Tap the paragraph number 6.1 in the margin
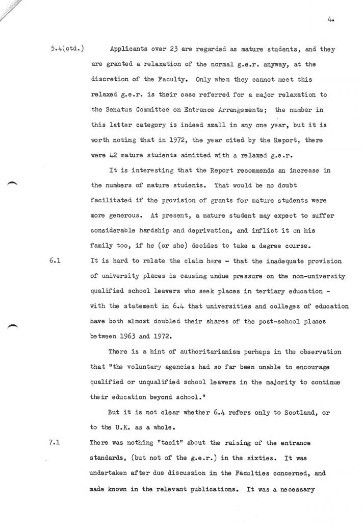(x=56, y=261)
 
